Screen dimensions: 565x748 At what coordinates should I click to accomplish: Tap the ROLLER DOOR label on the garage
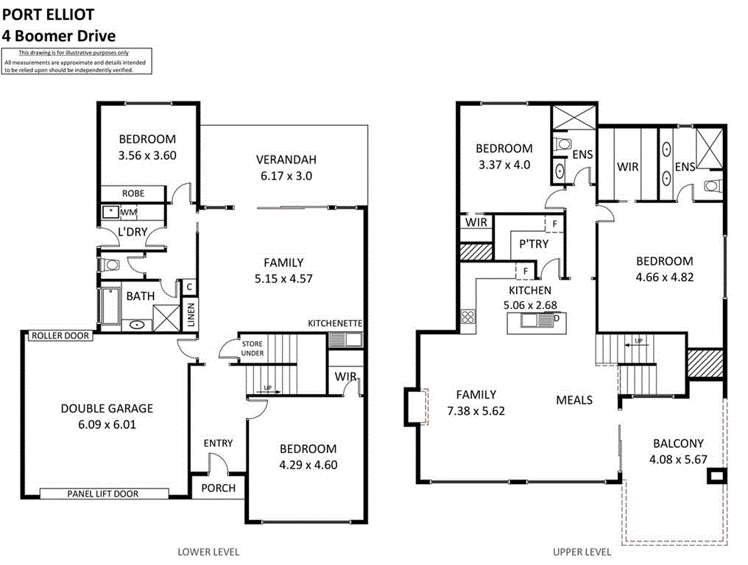[x=60, y=335]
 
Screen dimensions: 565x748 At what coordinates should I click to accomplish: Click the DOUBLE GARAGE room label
[x=107, y=408]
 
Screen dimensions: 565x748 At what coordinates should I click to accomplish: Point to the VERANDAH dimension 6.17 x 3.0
[x=286, y=176]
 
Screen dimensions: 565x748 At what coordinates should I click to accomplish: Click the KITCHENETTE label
[x=335, y=324]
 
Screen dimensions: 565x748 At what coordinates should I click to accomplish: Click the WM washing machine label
[x=129, y=213]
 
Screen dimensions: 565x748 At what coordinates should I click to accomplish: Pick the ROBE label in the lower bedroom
[x=133, y=193]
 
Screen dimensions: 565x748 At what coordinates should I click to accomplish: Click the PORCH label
[x=219, y=488]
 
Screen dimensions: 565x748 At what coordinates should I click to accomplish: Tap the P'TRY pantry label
[x=534, y=244]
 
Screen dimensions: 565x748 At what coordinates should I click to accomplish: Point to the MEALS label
[x=574, y=399]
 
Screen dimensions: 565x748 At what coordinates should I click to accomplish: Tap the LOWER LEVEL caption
[x=208, y=551]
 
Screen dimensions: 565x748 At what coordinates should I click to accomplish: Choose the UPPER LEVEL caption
[x=582, y=551]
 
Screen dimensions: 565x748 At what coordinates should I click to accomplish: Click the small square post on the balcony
[x=715, y=477]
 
